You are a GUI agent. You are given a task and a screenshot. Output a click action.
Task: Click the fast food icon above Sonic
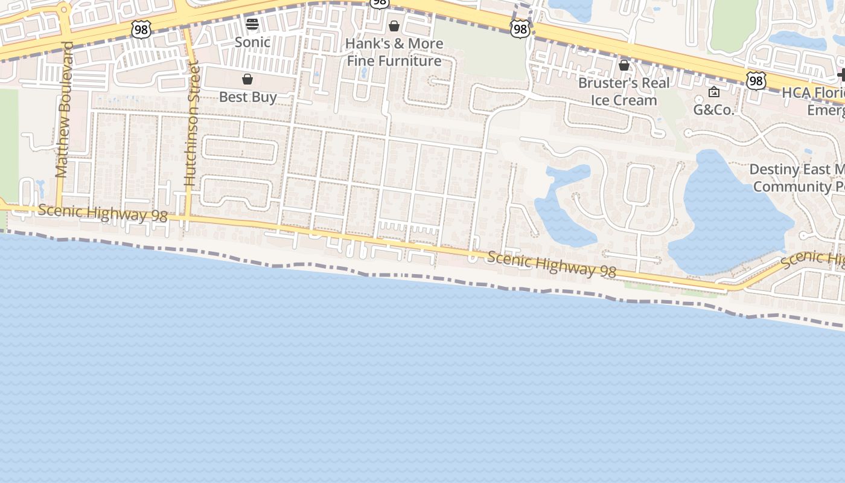252,24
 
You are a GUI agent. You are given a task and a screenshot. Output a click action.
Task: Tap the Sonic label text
252,42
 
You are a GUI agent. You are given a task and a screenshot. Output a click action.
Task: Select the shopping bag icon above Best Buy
247,79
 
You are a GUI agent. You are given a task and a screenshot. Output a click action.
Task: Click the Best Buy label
247,97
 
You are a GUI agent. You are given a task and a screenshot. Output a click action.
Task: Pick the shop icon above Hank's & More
394,26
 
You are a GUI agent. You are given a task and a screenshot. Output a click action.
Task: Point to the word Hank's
366,43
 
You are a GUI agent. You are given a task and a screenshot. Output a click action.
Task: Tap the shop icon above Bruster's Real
624,65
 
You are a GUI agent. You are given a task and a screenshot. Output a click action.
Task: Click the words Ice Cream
623,100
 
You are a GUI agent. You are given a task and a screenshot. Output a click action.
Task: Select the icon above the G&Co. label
714,92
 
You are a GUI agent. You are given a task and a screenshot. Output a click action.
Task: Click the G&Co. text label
713,110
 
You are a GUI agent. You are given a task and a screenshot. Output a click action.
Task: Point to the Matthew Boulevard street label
63,109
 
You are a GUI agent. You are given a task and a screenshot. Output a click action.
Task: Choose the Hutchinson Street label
192,123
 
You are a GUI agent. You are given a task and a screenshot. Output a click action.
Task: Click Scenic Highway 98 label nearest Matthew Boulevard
102,213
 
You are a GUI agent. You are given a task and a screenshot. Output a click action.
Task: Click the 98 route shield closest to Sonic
141,28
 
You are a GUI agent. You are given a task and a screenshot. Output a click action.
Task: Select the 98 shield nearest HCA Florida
756,80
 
